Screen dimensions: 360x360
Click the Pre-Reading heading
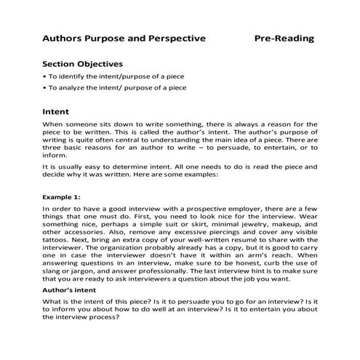[x=284, y=38]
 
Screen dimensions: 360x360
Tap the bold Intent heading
[x=56, y=112]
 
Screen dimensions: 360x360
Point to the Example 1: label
[x=63, y=196]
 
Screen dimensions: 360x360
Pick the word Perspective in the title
[x=172, y=38]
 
